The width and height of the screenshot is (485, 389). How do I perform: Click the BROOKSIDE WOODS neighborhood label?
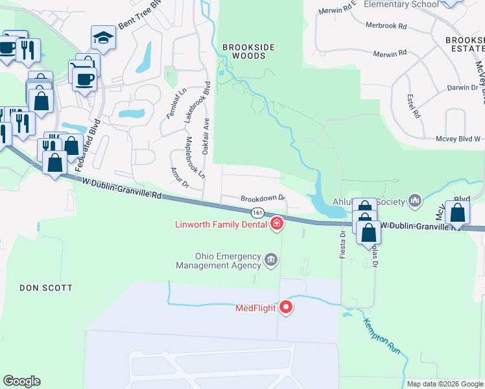(244, 51)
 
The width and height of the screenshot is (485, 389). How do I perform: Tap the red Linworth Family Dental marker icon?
(277, 224)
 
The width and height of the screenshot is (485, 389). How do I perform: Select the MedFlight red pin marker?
(286, 307)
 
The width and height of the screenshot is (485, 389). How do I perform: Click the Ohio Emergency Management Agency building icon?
(271, 261)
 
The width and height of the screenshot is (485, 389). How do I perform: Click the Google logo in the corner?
(21, 381)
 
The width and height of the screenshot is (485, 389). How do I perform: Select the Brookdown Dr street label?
(263, 198)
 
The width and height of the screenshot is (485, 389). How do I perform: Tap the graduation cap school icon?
(103, 39)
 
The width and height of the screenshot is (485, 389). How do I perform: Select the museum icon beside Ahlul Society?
(415, 201)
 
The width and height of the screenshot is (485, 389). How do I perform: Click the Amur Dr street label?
(178, 177)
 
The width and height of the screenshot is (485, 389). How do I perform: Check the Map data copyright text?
(444, 384)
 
